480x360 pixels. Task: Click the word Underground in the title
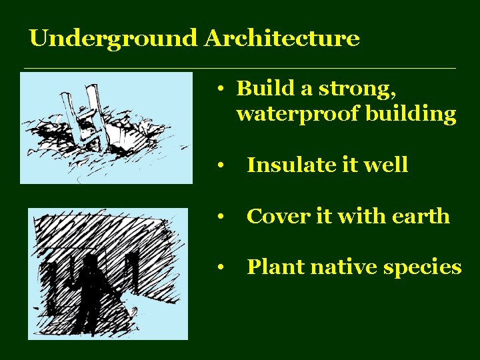114,39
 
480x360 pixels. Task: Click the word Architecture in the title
282,39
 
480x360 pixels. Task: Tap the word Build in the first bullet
261,88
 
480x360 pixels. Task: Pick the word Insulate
288,165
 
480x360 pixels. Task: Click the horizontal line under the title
240,69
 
